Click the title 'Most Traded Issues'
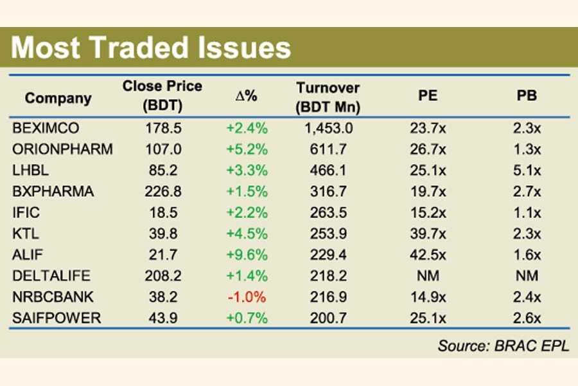click(152, 49)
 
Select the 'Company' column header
click(58, 98)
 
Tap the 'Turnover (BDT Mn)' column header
click(328, 98)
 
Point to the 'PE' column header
click(428, 96)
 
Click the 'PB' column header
click(527, 96)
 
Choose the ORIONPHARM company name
click(62, 149)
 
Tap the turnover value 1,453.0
click(328, 128)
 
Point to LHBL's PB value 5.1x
click(527, 170)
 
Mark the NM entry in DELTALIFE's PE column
click(428, 277)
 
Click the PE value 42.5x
click(428, 255)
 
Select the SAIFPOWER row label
click(56, 319)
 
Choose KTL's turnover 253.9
click(328, 234)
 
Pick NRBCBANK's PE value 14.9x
click(428, 298)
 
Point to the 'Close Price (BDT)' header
click(162, 96)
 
